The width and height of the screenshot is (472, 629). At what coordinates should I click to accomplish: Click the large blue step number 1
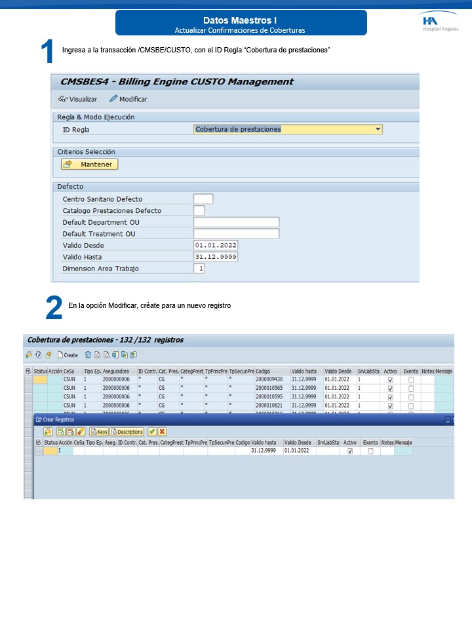point(47,52)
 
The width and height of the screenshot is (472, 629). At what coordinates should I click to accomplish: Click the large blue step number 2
point(54,309)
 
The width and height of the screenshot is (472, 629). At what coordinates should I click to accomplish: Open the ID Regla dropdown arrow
point(378,129)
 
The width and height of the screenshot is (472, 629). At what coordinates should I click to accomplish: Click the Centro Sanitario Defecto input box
point(203,199)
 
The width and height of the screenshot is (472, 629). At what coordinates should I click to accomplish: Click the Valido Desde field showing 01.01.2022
point(216,245)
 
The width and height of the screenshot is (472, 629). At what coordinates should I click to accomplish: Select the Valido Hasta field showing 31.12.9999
point(216,257)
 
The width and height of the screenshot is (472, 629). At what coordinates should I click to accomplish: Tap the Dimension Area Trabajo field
point(199,268)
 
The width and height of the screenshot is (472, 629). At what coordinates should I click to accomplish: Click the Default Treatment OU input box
point(237,234)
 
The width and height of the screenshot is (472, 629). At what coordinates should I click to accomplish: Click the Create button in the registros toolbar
point(68,355)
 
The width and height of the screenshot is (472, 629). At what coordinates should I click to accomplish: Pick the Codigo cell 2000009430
point(269,379)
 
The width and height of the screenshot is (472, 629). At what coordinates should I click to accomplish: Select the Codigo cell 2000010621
point(269,405)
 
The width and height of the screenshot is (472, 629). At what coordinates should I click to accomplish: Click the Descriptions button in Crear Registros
point(127,432)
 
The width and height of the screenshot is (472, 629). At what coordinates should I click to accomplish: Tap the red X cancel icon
point(162,432)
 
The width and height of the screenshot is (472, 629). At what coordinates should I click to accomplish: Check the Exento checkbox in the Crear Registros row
point(370,451)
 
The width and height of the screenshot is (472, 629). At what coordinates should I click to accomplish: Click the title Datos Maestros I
point(240,20)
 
